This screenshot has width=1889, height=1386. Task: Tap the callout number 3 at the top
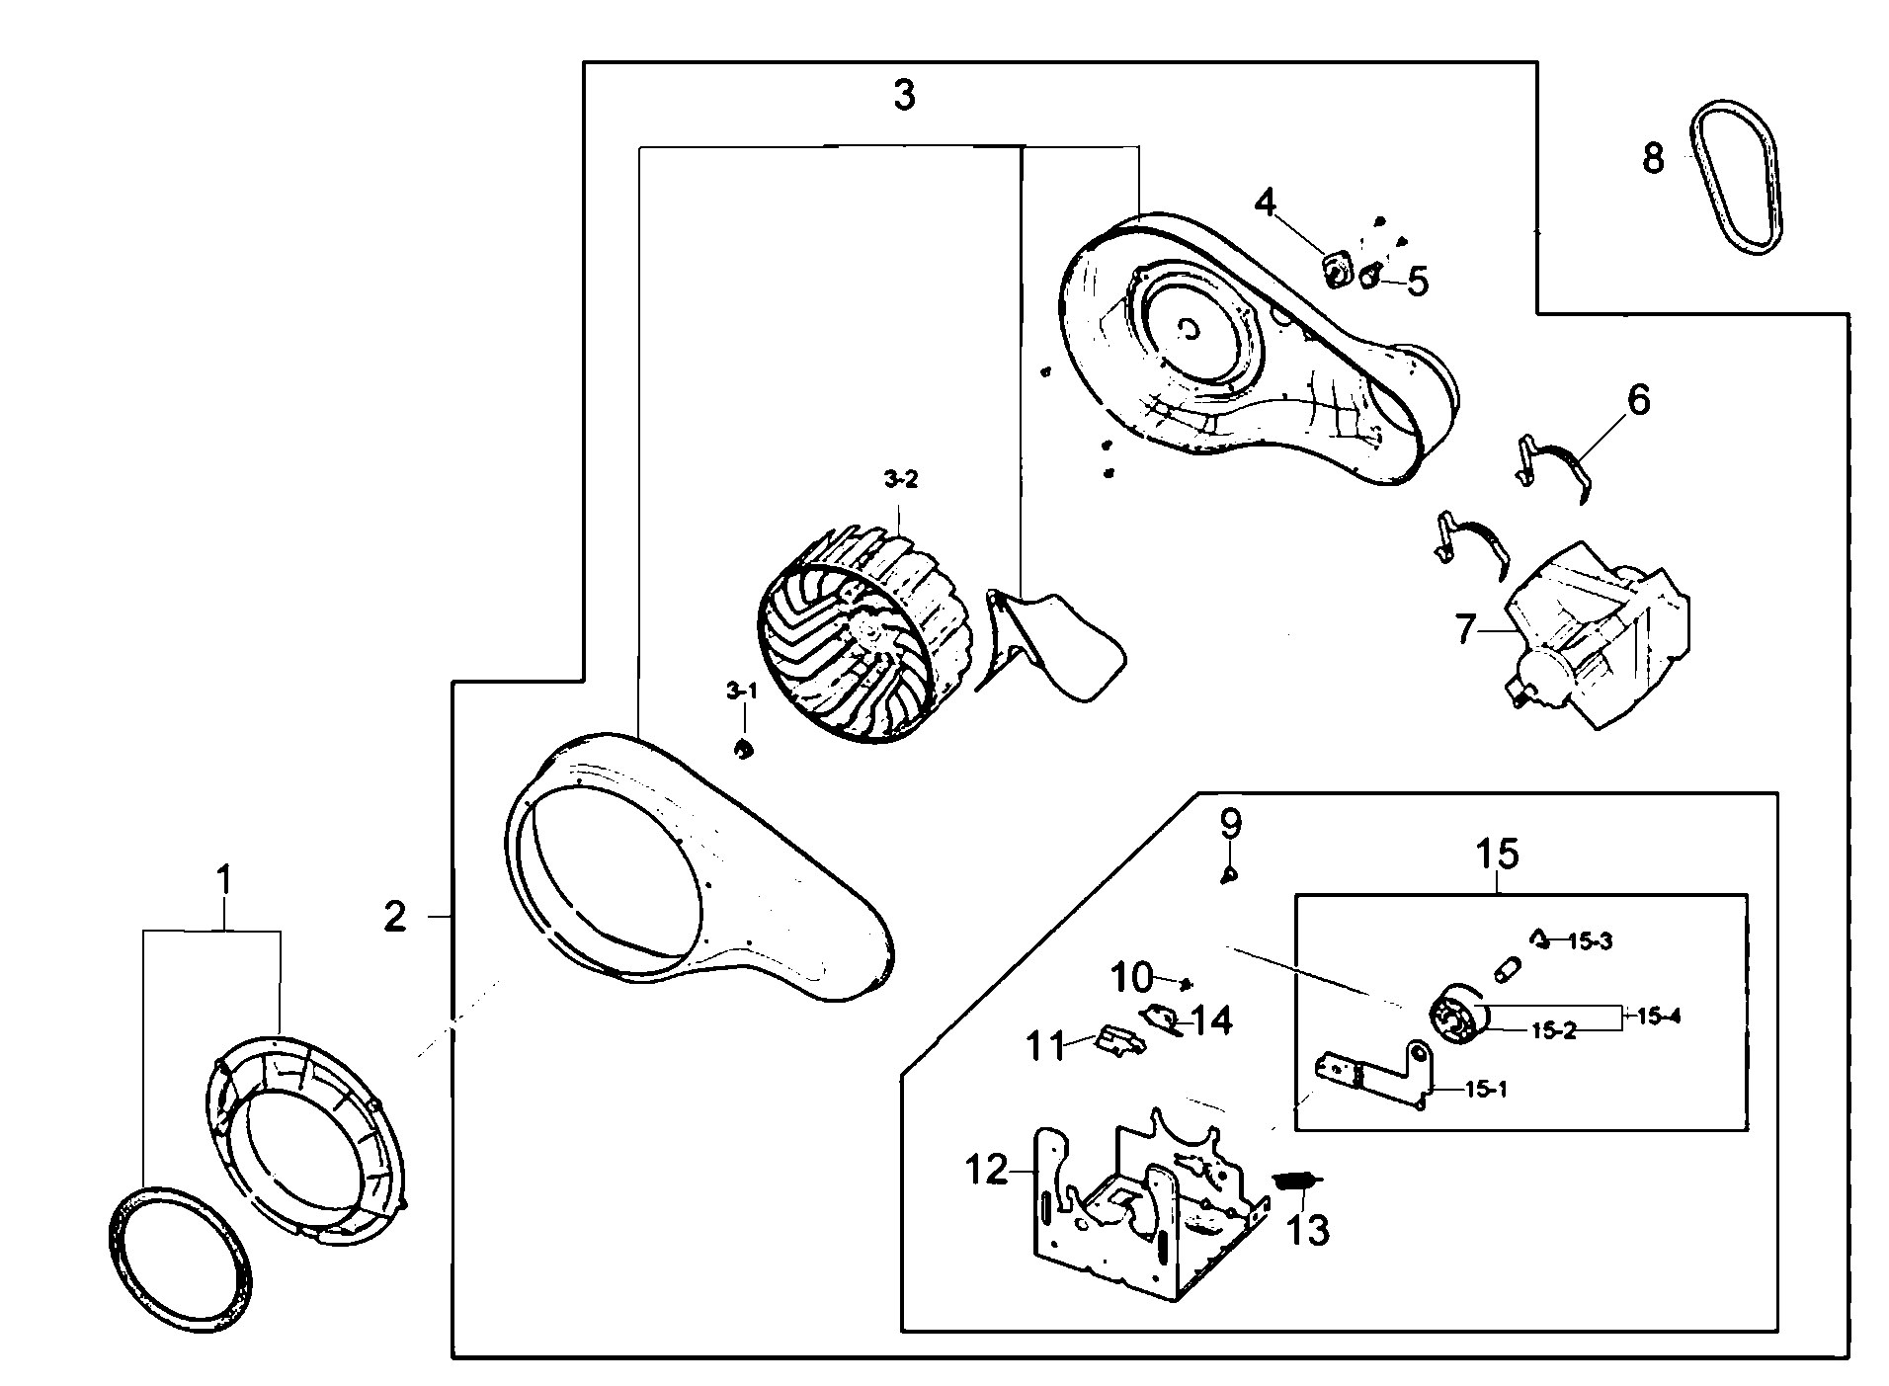click(x=904, y=96)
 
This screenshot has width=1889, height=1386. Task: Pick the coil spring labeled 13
click(x=1296, y=1180)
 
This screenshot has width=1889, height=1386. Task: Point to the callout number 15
click(x=1497, y=854)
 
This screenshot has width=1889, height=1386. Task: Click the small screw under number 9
click(x=1229, y=873)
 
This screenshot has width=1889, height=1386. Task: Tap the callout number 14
click(x=1210, y=1020)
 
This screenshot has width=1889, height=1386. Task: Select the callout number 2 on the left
click(x=395, y=918)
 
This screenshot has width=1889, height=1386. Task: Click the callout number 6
click(x=1637, y=400)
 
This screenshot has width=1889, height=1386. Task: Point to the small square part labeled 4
click(x=1338, y=269)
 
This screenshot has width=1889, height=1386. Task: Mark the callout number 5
click(x=1417, y=283)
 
